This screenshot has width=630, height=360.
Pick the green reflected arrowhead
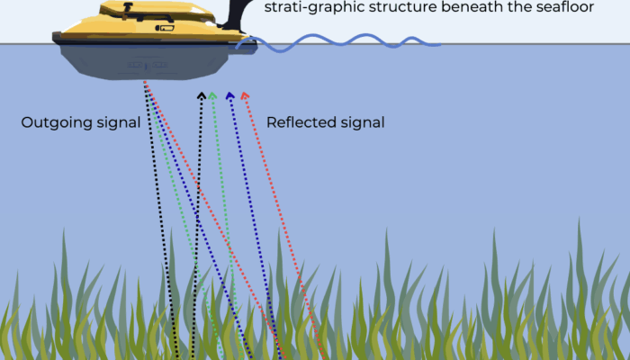[212, 94]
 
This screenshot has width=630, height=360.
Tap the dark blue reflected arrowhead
[229, 94]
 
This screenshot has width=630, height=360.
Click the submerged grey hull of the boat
[144, 63]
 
